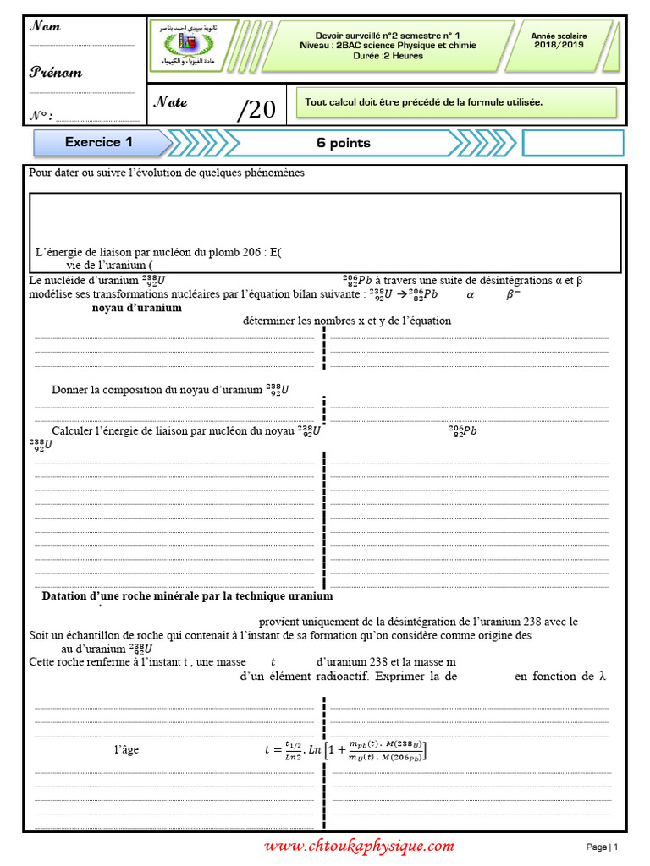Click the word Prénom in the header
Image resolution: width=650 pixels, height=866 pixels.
coord(56,73)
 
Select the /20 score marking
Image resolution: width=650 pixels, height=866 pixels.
coord(256,109)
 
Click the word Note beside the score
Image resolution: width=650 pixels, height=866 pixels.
coord(170,102)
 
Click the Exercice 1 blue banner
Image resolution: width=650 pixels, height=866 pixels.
coord(99,143)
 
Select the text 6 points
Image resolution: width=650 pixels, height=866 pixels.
coord(344,144)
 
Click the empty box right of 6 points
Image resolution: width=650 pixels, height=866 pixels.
coord(572,143)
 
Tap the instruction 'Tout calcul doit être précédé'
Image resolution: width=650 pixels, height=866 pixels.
coord(424,102)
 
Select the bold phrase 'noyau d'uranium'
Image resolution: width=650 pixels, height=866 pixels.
coord(136,308)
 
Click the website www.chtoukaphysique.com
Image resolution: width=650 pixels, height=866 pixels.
coord(359,846)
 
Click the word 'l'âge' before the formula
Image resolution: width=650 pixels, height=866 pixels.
coord(126,749)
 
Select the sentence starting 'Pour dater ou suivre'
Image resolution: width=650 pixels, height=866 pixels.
coord(166,173)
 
